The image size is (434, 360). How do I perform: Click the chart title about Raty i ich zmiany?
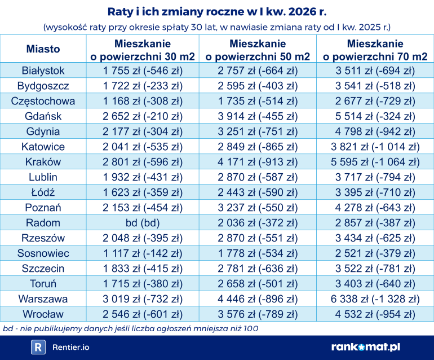point(216,11)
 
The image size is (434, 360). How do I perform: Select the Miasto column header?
point(43,49)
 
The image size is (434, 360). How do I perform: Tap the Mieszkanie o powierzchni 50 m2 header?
point(258,50)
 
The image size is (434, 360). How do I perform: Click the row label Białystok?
point(43,71)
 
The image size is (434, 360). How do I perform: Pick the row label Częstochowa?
point(43,101)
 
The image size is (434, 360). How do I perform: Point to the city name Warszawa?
point(43,298)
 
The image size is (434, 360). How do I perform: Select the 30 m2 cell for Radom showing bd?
point(143,222)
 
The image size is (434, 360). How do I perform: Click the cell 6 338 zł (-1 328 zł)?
point(375,298)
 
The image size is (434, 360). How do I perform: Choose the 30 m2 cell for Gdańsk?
point(143,116)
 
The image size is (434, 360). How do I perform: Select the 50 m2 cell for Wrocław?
point(258,314)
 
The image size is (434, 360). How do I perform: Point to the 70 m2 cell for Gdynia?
point(375,131)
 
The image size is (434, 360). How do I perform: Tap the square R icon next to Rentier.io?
point(38,347)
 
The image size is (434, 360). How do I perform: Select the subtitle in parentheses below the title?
point(216,27)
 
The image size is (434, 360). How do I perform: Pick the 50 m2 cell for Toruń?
point(258,283)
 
